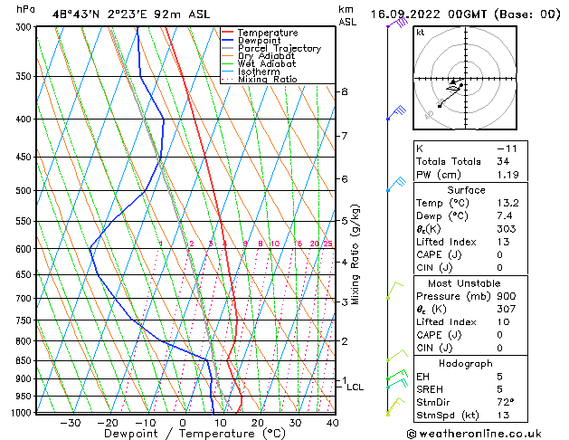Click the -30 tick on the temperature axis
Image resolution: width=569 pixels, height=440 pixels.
[70, 423]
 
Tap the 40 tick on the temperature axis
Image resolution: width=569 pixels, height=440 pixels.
[332, 423]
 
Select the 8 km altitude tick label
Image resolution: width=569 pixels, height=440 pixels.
[344, 92]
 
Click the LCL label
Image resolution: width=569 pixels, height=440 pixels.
[356, 387]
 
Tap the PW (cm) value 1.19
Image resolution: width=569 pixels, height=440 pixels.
[505, 175]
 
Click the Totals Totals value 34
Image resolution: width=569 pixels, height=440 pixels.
[503, 161]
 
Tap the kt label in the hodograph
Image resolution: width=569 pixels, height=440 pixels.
[420, 33]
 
